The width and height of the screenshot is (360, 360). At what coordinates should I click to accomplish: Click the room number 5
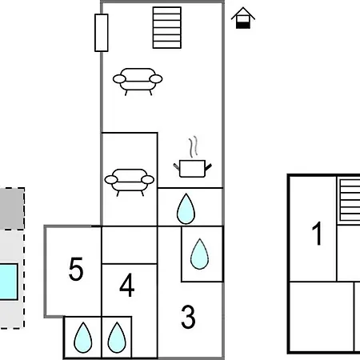76,269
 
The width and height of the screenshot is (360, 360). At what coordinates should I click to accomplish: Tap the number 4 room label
127,285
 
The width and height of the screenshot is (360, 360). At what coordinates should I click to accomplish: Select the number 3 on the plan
188,317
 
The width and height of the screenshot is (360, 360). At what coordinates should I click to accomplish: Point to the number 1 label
317,234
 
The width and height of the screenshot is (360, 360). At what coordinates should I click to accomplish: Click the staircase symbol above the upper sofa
167,28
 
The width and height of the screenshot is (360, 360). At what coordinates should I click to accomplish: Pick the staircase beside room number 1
350,200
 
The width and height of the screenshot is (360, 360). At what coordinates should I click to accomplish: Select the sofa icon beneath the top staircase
138,82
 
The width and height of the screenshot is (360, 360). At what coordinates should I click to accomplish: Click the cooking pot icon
193,169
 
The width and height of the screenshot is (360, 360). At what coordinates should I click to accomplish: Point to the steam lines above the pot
194,146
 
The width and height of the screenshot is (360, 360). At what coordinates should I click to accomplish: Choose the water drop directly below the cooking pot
186,209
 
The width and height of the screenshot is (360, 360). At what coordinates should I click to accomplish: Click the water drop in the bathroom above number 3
199,254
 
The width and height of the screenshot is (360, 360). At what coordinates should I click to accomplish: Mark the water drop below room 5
83,338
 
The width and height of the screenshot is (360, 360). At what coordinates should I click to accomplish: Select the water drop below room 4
117,338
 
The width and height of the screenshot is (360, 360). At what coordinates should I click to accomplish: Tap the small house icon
243,18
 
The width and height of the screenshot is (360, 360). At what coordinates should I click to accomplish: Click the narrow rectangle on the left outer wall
102,33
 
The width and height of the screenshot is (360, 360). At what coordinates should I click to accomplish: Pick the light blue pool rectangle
9,282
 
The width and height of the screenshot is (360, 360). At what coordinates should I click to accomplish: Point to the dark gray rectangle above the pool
12,209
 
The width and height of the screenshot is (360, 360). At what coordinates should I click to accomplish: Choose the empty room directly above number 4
130,245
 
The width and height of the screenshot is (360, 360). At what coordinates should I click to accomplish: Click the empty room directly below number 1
322,317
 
